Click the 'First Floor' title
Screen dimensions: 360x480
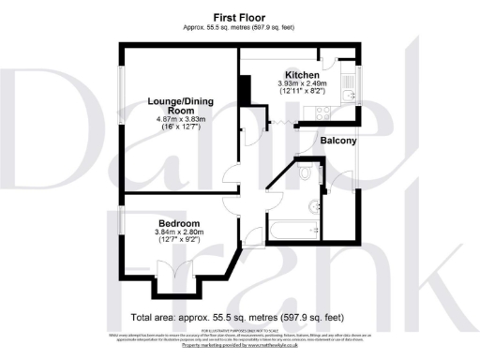click(239, 18)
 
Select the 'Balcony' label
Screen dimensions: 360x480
click(339, 141)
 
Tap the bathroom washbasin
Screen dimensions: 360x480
click(312, 205)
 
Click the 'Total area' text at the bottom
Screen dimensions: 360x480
click(239, 318)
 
